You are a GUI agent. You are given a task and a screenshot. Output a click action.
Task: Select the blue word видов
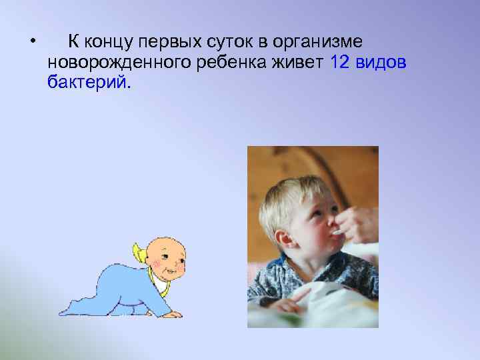point(383,63)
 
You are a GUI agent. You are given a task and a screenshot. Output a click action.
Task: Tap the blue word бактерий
point(89,83)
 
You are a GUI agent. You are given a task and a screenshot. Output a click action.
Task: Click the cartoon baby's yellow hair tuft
point(139,251)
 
